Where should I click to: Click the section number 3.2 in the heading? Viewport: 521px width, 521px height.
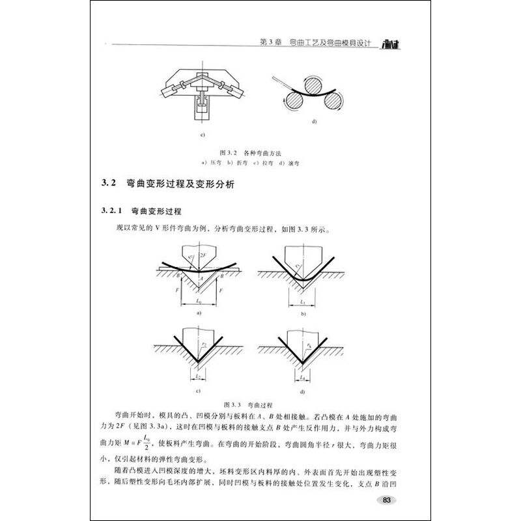[108, 185]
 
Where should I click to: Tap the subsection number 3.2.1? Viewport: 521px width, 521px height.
[109, 212]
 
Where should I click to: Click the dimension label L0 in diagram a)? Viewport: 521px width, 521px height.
[197, 303]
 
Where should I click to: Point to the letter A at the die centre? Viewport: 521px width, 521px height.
[201, 277]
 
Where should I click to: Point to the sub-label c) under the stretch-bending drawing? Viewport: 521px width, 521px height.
[203, 135]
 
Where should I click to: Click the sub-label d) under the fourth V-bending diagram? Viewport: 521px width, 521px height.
[302, 393]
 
